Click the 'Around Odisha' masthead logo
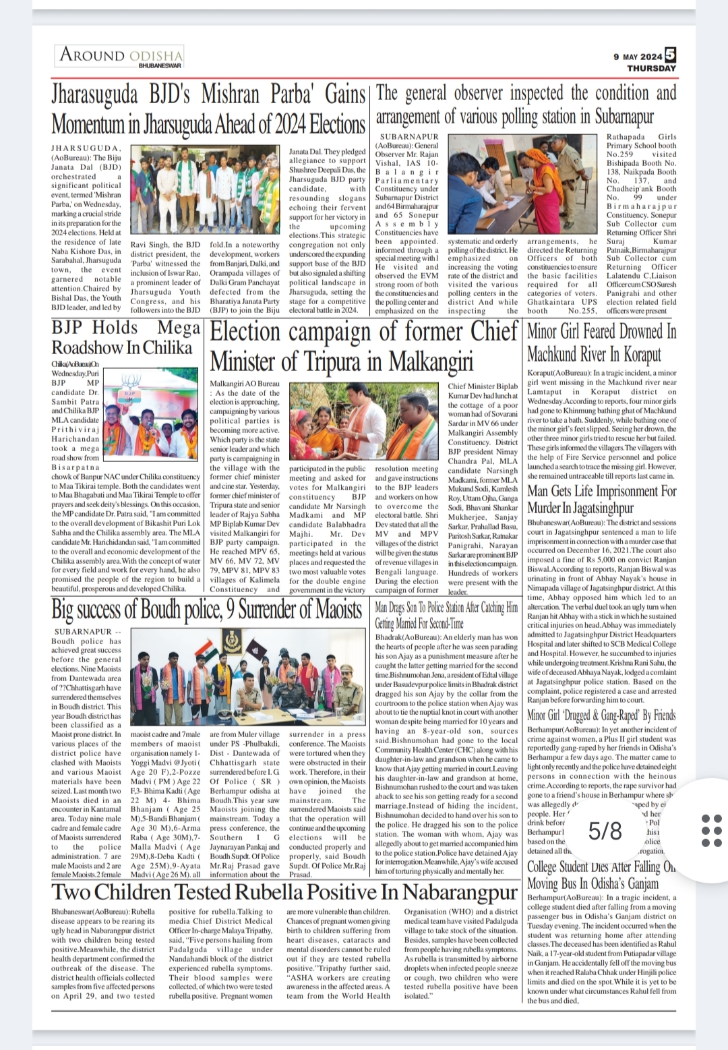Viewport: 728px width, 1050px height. tap(121, 55)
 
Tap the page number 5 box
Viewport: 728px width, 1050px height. tap(670, 55)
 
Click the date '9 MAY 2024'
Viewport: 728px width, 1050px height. tap(638, 57)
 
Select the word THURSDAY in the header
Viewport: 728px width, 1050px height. tap(651, 68)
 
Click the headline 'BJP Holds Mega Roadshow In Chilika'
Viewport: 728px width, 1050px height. tap(126, 338)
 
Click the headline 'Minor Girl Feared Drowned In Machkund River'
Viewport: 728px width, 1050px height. tap(601, 343)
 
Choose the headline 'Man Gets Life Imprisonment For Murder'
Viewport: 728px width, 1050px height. tap(601, 499)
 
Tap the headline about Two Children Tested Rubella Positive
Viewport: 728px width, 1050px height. tap(284, 892)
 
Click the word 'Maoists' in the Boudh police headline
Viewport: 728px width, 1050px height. tap(334, 610)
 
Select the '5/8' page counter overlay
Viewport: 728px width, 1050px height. tap(605, 831)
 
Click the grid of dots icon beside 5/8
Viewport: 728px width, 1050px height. tap(711, 831)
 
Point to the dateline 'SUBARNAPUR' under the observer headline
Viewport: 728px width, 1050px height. tap(409, 136)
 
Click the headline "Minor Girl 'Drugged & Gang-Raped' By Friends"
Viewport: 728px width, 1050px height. tap(601, 716)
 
